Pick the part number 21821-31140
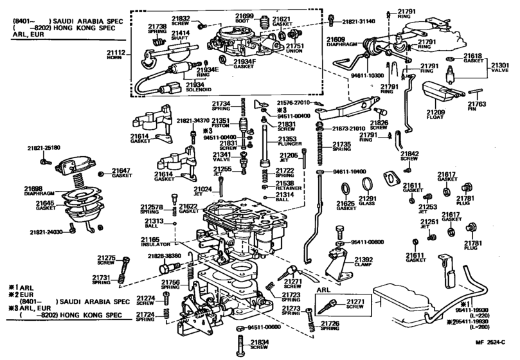click(358, 21)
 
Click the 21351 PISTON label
click(220, 123)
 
